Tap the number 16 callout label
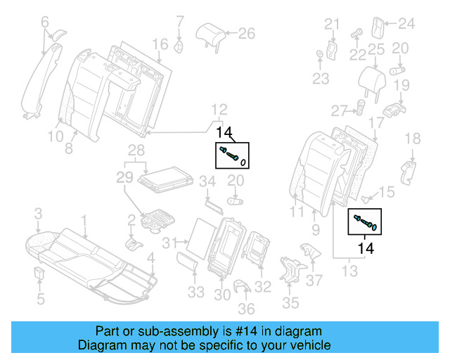(x=160, y=44)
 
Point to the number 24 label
(x=408, y=25)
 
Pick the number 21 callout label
(x=332, y=25)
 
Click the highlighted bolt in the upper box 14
(x=231, y=155)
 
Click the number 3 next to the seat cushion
(x=38, y=212)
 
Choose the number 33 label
(x=196, y=292)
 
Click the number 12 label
(x=219, y=109)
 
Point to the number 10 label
(x=56, y=138)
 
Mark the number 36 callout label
(x=244, y=307)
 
